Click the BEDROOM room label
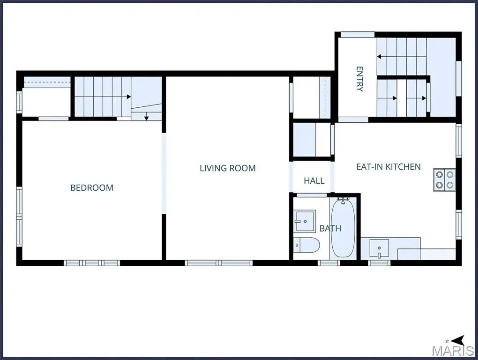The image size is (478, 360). coord(92,187)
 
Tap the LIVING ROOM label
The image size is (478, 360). coord(228,168)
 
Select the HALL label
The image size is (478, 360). coord(314,181)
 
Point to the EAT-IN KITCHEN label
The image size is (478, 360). coord(388,167)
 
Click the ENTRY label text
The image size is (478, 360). coord(360,79)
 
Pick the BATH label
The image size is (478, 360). coord(330,228)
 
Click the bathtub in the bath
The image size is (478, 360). coord(343,227)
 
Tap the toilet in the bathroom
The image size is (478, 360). coord(306,245)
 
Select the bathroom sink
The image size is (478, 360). coord(304,221)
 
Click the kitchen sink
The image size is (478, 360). coord(379,248)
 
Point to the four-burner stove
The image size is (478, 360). coord(444,180)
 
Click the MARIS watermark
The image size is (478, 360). coord(453,351)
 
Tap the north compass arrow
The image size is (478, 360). coord(458,340)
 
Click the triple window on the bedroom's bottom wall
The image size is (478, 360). coord(92,263)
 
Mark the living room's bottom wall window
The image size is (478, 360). coord(218,263)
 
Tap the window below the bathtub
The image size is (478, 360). coord(329,263)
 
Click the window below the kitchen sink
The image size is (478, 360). coord(379,263)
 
